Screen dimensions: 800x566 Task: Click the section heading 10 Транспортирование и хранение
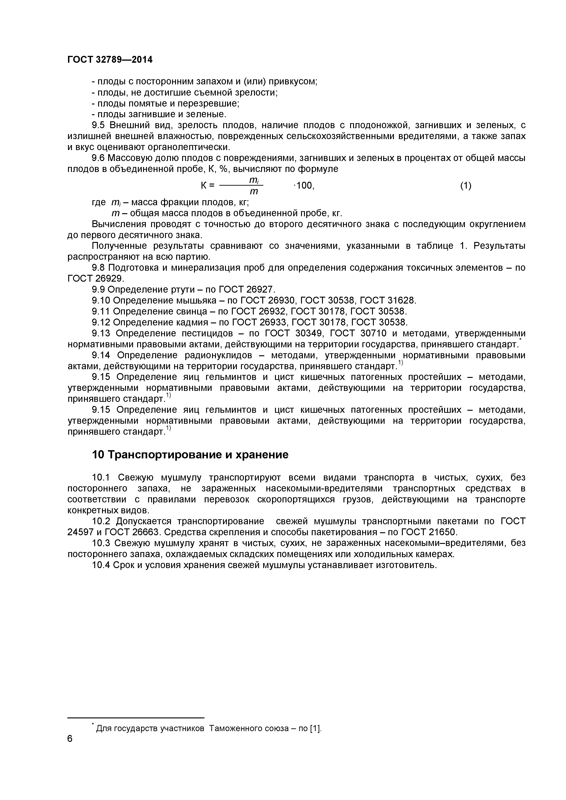click(190, 455)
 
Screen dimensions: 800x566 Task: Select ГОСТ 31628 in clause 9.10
click(388, 300)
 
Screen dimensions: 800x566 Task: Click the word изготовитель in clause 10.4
click(406, 565)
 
